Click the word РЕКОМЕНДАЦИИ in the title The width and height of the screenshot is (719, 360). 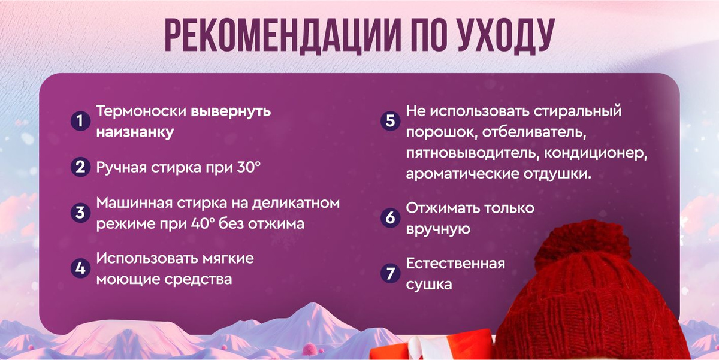[283, 35]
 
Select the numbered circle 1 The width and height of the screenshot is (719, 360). [80, 121]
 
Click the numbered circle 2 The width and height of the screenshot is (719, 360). [80, 167]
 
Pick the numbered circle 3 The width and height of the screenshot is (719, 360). [80, 213]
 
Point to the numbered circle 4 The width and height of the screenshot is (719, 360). [80, 268]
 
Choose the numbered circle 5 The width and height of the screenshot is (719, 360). [390, 121]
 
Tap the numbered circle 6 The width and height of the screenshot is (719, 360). [390, 218]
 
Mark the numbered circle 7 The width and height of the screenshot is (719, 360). [390, 273]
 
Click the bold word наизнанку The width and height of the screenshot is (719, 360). [135, 132]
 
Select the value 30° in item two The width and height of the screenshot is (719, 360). [249, 167]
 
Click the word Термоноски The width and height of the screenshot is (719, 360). [141, 111]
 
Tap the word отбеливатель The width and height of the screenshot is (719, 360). [534, 132]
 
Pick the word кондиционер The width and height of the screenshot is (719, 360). [596, 153]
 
